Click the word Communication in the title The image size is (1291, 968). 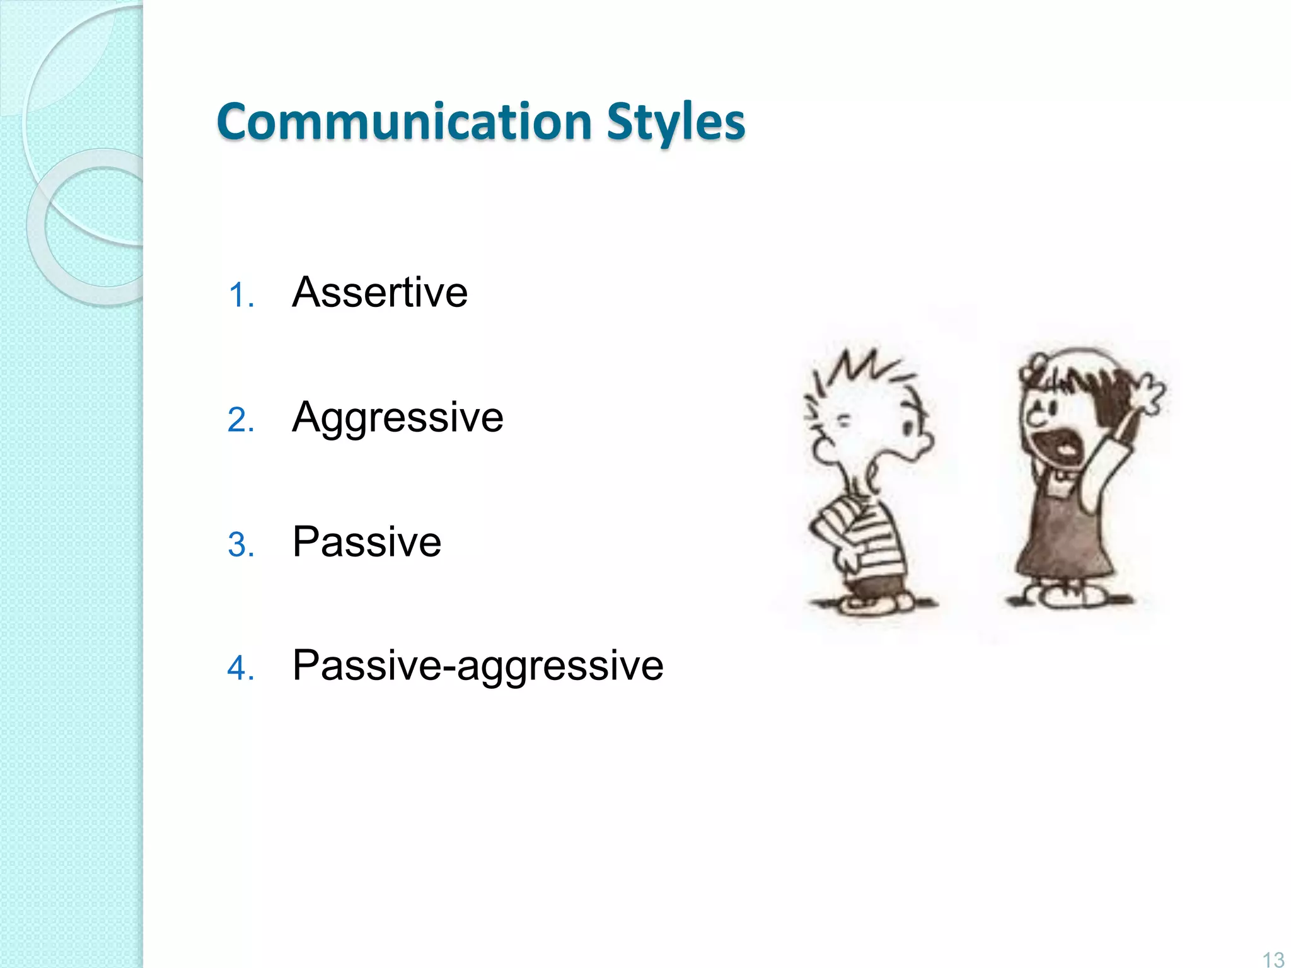coord(403,121)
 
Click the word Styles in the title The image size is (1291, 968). coord(676,122)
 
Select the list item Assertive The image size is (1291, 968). coord(379,292)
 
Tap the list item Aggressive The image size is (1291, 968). coord(397,417)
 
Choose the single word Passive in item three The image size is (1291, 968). coord(367,542)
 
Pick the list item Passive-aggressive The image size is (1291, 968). coord(478,665)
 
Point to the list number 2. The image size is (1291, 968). coord(240,420)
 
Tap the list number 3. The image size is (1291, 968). coord(240,545)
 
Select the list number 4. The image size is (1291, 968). coord(240,669)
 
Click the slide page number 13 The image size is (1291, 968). coord(1273,959)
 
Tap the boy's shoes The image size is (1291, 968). coord(873,604)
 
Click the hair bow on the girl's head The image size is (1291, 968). coord(1034,369)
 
